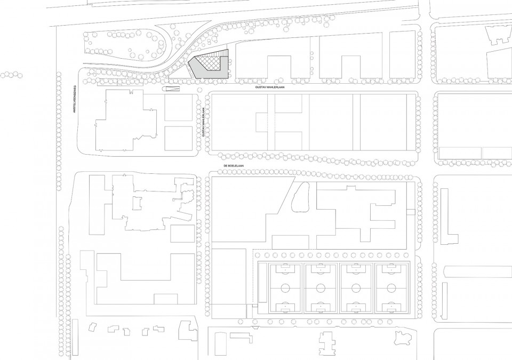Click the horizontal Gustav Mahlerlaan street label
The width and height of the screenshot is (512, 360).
click(270, 87)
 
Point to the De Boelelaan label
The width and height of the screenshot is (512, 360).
click(234, 166)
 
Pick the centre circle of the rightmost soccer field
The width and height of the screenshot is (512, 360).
click(391, 288)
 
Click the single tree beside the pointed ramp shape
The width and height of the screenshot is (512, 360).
click(199, 90)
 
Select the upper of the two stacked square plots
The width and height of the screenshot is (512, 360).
click(178, 108)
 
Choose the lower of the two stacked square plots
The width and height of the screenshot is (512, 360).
click(178, 138)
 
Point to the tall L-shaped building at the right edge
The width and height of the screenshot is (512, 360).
click(445, 216)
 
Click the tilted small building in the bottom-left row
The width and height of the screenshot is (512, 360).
click(93, 327)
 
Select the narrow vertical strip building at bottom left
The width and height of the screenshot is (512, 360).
click(75, 337)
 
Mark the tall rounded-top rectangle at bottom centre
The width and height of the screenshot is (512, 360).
click(220, 346)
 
